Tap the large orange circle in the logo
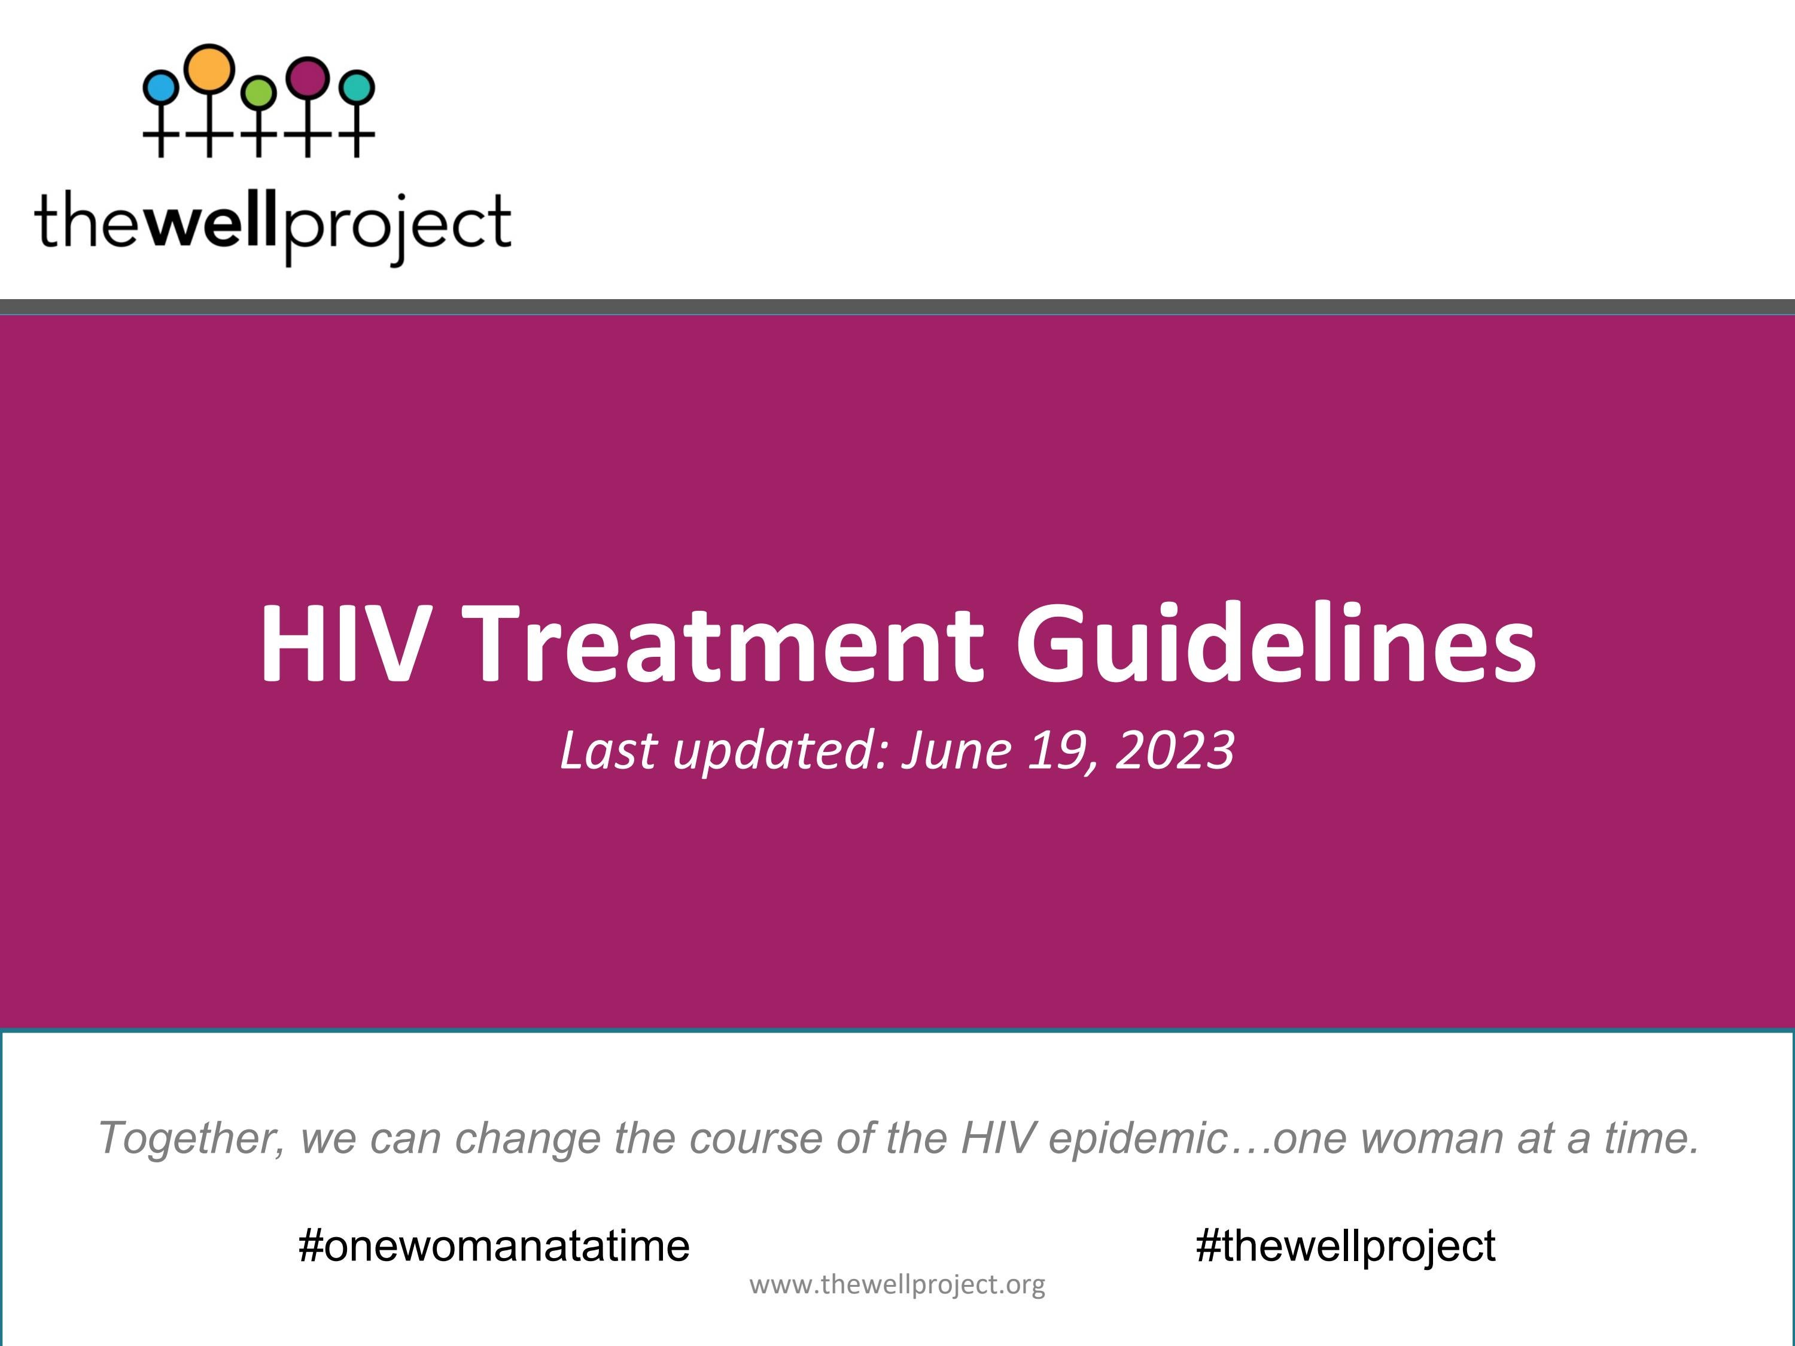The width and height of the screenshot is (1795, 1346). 209,68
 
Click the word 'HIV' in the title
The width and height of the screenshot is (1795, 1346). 342,643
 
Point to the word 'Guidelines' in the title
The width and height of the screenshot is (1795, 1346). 1276,643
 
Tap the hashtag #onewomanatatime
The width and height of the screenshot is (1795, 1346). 494,1246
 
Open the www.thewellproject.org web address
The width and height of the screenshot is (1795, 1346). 898,1284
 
